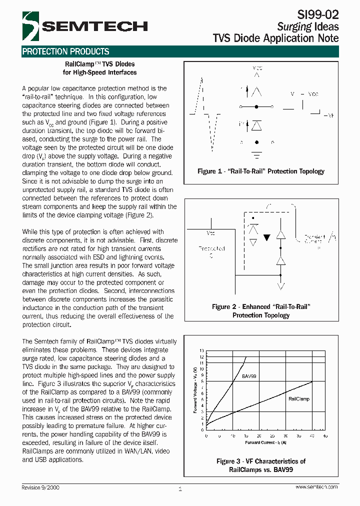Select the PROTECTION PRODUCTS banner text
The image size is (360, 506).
65,51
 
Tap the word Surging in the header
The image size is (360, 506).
294,26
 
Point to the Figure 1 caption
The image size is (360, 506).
261,171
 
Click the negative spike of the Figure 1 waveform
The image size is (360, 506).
214,132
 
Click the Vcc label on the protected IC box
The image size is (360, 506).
210,233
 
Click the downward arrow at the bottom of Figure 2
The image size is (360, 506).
281,285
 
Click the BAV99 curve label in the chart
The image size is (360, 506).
249,375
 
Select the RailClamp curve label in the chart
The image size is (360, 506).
299,399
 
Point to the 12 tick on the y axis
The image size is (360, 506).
202,357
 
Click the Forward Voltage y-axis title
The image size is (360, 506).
195,390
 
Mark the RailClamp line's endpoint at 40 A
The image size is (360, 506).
312,381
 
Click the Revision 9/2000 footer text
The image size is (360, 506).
43,487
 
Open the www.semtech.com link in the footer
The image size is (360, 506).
316,487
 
